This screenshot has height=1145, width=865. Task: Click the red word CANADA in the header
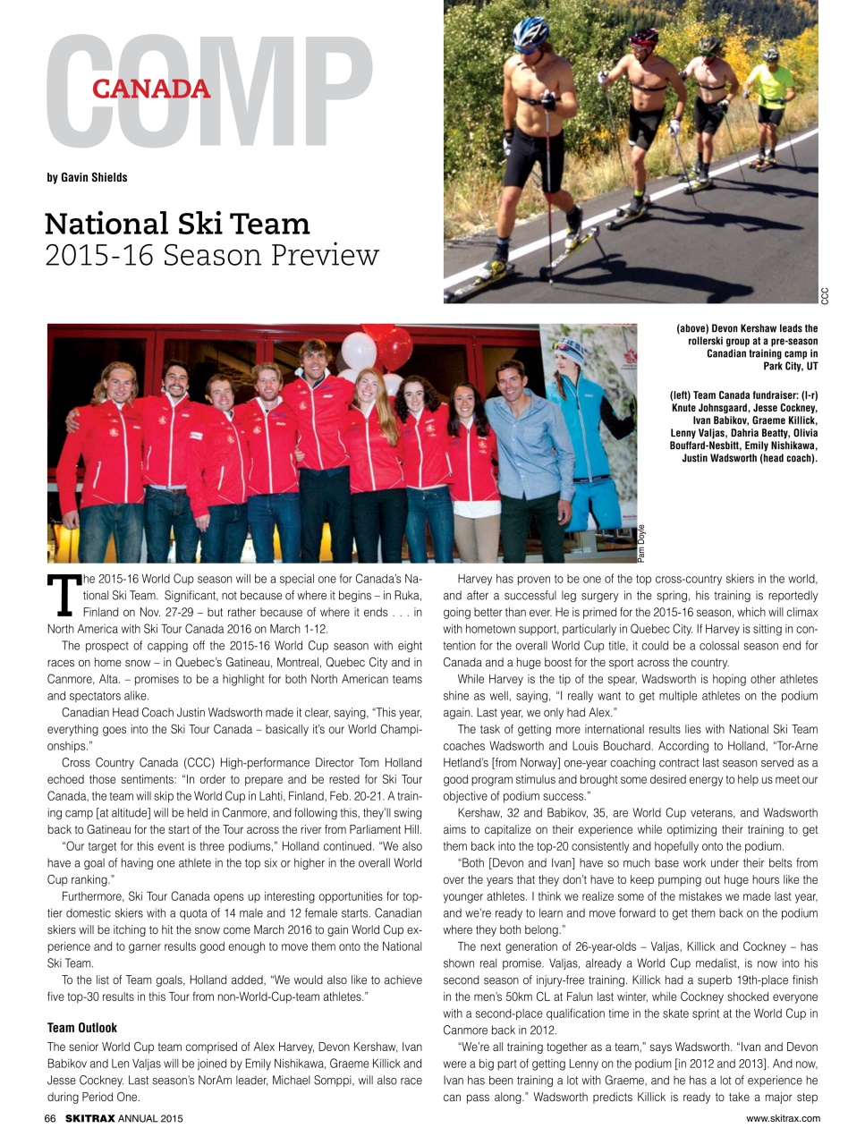click(x=151, y=89)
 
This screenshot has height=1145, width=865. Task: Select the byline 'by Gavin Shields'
click(x=87, y=177)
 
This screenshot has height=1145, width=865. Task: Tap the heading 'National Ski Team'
click(x=177, y=224)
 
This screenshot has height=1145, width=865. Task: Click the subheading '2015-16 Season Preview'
click(x=212, y=256)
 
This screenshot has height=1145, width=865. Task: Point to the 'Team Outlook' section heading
click(x=81, y=1028)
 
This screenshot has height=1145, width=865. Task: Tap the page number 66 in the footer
click(x=50, y=1118)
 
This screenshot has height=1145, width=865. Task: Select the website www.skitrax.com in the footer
click(x=783, y=1118)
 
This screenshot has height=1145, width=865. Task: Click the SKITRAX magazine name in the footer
click(x=89, y=1118)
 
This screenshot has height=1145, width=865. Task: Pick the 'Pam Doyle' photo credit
click(x=641, y=542)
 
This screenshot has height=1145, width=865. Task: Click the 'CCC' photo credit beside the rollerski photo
click(x=825, y=294)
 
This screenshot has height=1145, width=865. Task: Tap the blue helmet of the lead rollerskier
click(x=530, y=31)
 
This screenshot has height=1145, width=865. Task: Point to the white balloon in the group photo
click(x=359, y=351)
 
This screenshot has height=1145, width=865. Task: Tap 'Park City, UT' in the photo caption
click(x=790, y=366)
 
